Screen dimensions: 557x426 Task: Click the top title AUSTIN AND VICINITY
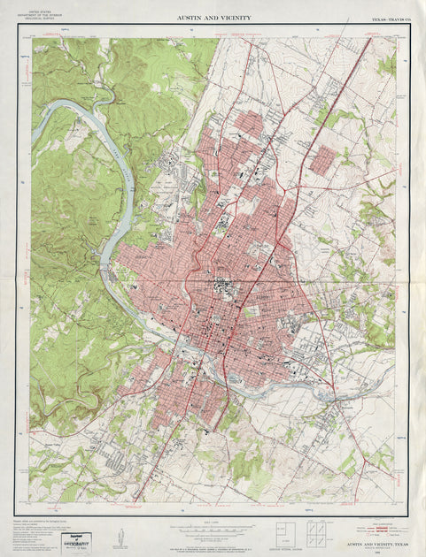pyautogui.click(x=213, y=18)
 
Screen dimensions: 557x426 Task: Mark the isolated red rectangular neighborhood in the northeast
pyautogui.click(x=324, y=158)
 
